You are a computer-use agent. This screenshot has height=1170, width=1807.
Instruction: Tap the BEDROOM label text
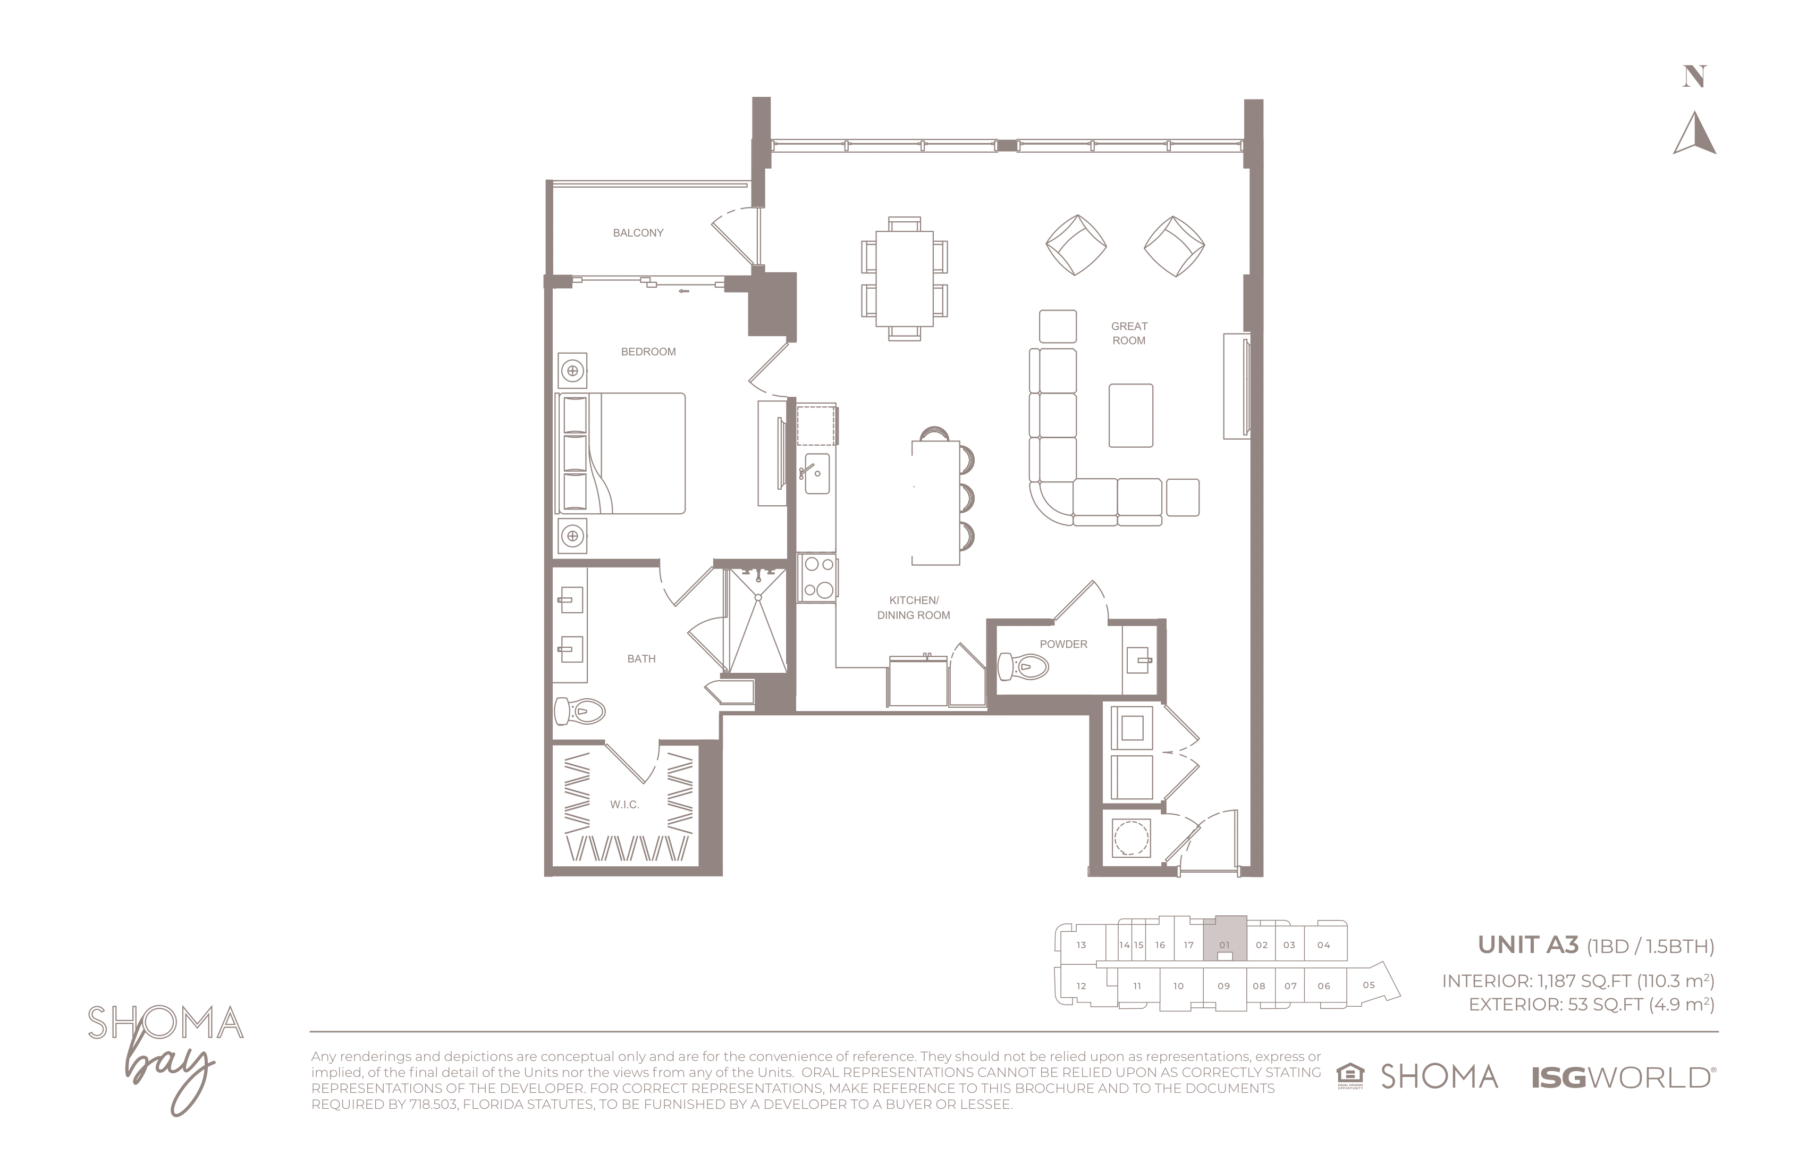click(x=648, y=352)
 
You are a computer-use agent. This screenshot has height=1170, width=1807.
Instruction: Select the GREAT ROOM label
click(x=1129, y=333)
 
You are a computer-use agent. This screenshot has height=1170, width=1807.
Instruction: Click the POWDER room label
click(x=1063, y=644)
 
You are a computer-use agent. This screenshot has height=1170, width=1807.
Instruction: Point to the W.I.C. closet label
click(x=624, y=805)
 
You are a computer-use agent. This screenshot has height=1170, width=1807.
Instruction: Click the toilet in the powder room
click(x=1023, y=667)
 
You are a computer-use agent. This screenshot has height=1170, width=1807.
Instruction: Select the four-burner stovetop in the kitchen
click(x=818, y=578)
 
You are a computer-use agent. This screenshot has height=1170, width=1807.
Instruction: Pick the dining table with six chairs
click(x=904, y=279)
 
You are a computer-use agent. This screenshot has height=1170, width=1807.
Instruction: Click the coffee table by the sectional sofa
click(x=1130, y=415)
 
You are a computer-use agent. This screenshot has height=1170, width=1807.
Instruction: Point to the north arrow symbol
click(x=1695, y=133)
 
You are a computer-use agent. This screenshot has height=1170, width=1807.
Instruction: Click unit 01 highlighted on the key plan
click(x=1225, y=939)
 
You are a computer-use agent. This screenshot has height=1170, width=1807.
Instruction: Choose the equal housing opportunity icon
click(x=1350, y=1076)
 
